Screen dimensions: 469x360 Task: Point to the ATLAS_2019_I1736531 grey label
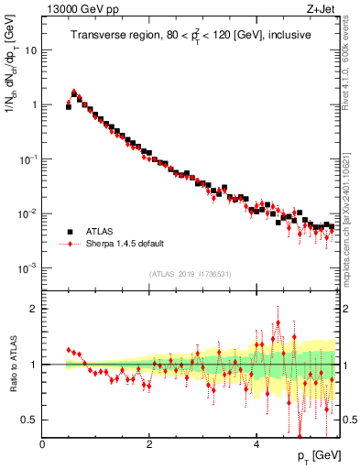click(x=190, y=274)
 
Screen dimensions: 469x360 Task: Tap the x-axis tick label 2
click(x=149, y=444)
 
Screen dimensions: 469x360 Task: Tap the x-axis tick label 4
click(x=256, y=444)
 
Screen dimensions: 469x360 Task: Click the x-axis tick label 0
click(x=43, y=444)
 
